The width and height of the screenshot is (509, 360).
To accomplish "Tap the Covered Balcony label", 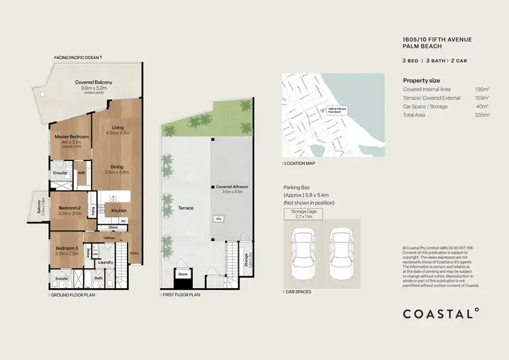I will (x=94, y=83).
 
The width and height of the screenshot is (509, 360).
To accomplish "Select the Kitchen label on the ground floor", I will (x=119, y=211).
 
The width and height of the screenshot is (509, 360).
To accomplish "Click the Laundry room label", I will (x=105, y=262).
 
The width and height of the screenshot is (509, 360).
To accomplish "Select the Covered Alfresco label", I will (x=232, y=185).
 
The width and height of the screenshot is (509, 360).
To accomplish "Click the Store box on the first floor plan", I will (x=183, y=275).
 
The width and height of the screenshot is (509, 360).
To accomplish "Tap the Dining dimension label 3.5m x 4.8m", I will (x=118, y=173).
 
